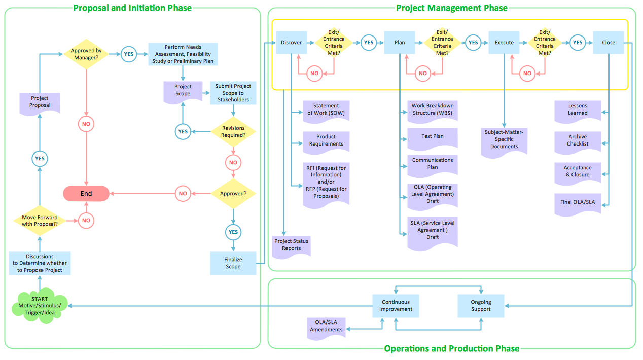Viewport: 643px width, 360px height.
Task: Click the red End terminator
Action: coord(86,193)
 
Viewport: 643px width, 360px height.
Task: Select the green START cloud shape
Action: coord(39,306)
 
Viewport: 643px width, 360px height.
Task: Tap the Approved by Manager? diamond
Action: coord(86,54)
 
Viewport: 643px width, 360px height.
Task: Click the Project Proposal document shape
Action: coord(40,102)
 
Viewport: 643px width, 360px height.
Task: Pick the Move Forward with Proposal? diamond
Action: coord(40,221)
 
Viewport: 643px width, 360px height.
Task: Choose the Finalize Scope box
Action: coord(233,263)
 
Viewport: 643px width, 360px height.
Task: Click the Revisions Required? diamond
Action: coord(233,132)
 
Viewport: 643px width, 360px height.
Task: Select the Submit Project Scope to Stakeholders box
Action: coord(233,93)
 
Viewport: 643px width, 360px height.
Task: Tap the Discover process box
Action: coord(291,43)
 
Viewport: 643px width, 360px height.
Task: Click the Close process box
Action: coord(609,43)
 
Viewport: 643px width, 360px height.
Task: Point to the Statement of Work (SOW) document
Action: coord(326,110)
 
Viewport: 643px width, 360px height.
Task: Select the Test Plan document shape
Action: coord(433,137)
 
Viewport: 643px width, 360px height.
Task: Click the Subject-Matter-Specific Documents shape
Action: coord(504,140)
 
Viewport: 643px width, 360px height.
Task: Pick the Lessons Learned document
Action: coord(578,110)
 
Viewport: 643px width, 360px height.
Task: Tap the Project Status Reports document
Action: coord(291,245)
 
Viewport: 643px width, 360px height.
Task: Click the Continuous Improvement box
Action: coord(397,306)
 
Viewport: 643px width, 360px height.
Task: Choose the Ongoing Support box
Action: coord(481,306)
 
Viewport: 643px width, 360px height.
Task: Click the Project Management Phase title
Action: coord(451,8)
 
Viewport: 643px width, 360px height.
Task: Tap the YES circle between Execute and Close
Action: coord(577,43)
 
